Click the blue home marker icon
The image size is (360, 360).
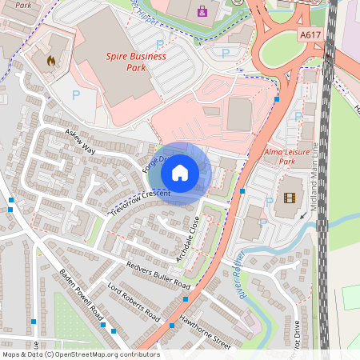point(180,171)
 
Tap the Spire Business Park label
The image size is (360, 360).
point(137,62)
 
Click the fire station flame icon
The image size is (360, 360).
point(52,60)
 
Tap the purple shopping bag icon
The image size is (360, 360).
point(201,11)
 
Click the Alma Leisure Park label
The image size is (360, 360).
point(286,156)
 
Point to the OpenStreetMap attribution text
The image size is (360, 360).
point(81,354)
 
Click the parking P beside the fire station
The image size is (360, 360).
point(77,94)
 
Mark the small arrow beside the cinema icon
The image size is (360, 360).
point(302,214)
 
